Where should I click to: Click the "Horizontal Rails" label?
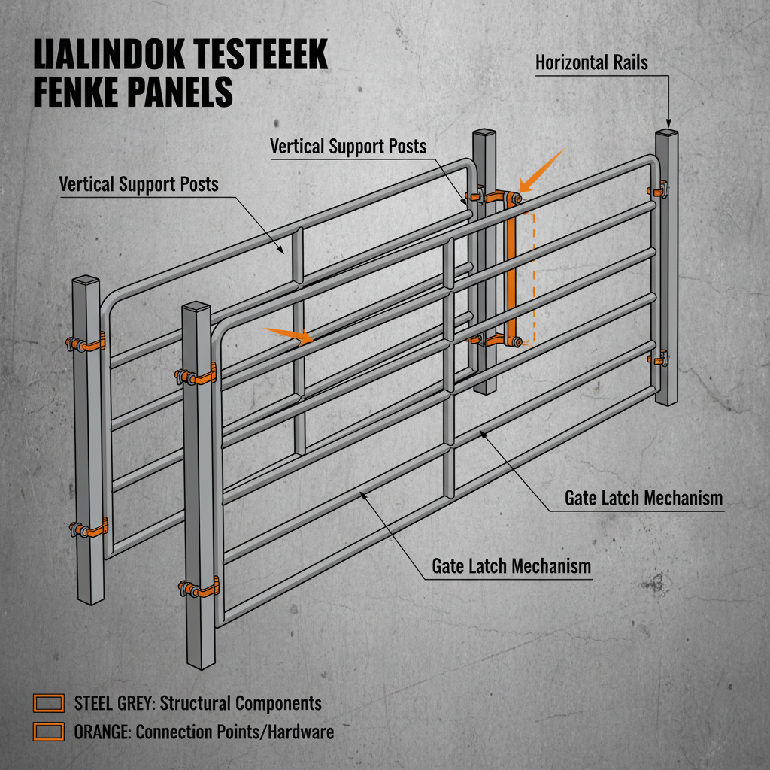(591, 62)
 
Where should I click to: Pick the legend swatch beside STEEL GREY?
(50, 703)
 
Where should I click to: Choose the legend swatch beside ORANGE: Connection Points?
(50, 731)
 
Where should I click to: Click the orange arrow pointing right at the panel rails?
(290, 335)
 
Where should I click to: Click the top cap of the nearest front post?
(196, 308)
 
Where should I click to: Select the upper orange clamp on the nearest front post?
(198, 374)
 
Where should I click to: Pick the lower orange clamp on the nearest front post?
(199, 587)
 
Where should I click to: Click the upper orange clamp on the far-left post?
(86, 344)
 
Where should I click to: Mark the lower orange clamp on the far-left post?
(88, 529)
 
